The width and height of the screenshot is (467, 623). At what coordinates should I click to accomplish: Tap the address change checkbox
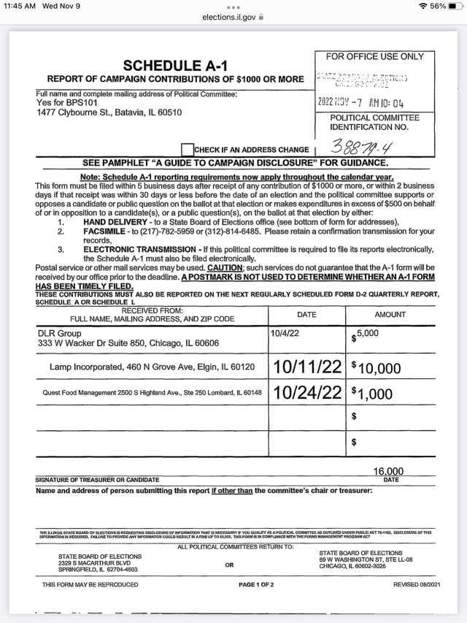coord(188,150)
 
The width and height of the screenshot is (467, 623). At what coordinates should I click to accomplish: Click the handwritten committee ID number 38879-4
coord(363,149)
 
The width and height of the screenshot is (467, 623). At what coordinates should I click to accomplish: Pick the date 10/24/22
coord(307,392)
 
